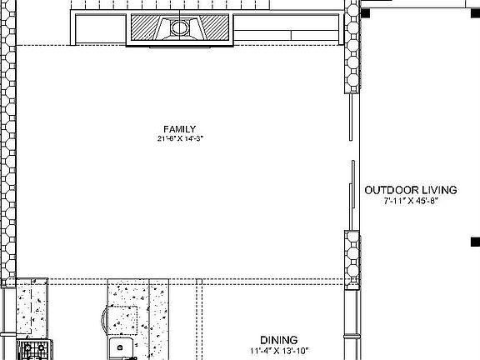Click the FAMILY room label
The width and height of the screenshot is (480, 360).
[179, 128]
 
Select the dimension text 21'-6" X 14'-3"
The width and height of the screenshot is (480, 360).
[179, 138]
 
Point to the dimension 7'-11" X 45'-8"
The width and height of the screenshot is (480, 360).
[411, 201]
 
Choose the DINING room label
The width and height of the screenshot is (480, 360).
[278, 340]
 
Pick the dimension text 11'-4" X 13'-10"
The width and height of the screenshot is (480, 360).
[278, 351]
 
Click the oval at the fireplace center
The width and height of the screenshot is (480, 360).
[179, 28]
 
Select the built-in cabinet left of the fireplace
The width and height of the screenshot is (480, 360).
[100, 29]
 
